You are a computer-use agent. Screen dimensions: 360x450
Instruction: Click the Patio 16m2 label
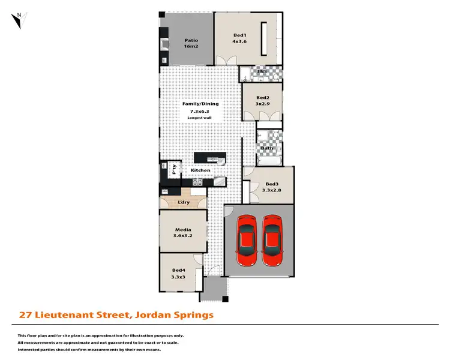[x=191, y=43]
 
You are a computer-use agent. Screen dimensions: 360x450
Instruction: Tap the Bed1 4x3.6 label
[x=240, y=39]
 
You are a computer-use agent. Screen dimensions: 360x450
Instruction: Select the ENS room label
[x=261, y=73]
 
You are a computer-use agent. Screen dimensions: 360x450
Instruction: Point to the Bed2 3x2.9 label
[x=262, y=101]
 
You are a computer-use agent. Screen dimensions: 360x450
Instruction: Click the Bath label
[x=266, y=148]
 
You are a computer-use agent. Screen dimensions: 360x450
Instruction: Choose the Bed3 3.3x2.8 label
[x=272, y=187]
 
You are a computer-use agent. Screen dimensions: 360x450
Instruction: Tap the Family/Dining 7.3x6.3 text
[x=200, y=107]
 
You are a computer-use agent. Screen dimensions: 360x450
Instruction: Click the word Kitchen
[x=200, y=170]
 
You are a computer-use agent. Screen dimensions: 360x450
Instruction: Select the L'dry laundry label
[x=183, y=202]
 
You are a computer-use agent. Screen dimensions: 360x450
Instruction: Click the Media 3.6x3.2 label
[x=182, y=233]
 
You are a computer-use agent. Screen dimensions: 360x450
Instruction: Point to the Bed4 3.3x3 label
[x=179, y=274]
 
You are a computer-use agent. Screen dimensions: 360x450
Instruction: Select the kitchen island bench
[x=210, y=159]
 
